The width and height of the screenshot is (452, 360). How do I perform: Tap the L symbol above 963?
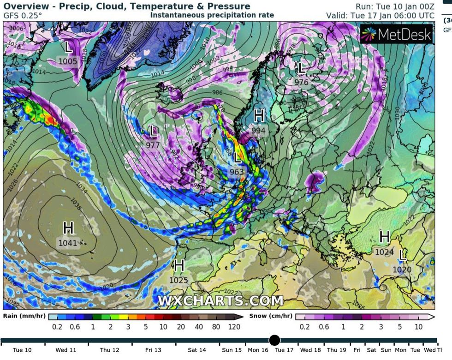(238, 158)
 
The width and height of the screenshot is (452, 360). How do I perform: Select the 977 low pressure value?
(153, 145)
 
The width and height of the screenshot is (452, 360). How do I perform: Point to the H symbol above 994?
(259, 115)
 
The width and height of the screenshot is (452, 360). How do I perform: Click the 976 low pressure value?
(301, 82)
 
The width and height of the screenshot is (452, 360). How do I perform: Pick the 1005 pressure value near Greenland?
(68, 61)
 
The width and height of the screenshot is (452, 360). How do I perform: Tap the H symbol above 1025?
(179, 265)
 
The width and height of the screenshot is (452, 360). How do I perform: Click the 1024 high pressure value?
(384, 252)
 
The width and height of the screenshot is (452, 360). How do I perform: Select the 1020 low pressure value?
(402, 270)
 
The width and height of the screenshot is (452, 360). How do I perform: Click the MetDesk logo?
(397, 34)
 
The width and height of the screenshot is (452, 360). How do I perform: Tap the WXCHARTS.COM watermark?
(220, 301)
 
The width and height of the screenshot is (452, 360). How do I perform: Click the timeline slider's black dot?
(274, 341)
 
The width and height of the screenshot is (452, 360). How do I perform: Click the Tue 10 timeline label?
(23, 350)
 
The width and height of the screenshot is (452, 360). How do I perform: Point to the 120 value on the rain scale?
(234, 327)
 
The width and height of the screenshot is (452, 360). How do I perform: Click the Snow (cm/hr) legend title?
(271, 316)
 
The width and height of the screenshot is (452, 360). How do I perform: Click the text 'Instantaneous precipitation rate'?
(212, 15)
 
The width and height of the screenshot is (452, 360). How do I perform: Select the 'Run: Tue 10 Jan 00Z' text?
(395, 6)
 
